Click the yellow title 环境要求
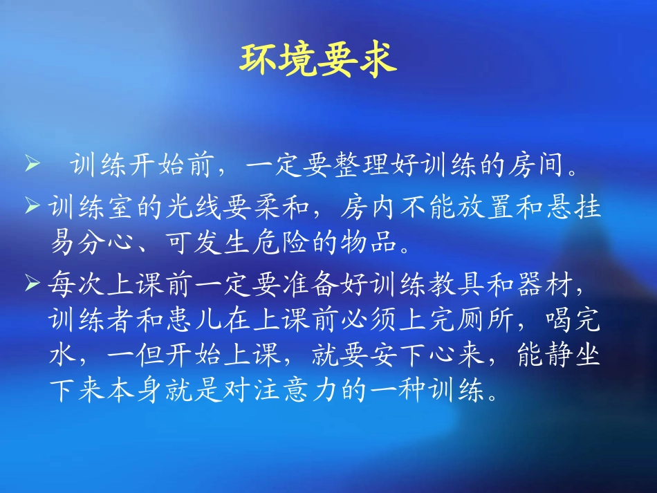pyautogui.click(x=318, y=59)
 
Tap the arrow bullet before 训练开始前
pyautogui.click(x=32, y=167)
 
